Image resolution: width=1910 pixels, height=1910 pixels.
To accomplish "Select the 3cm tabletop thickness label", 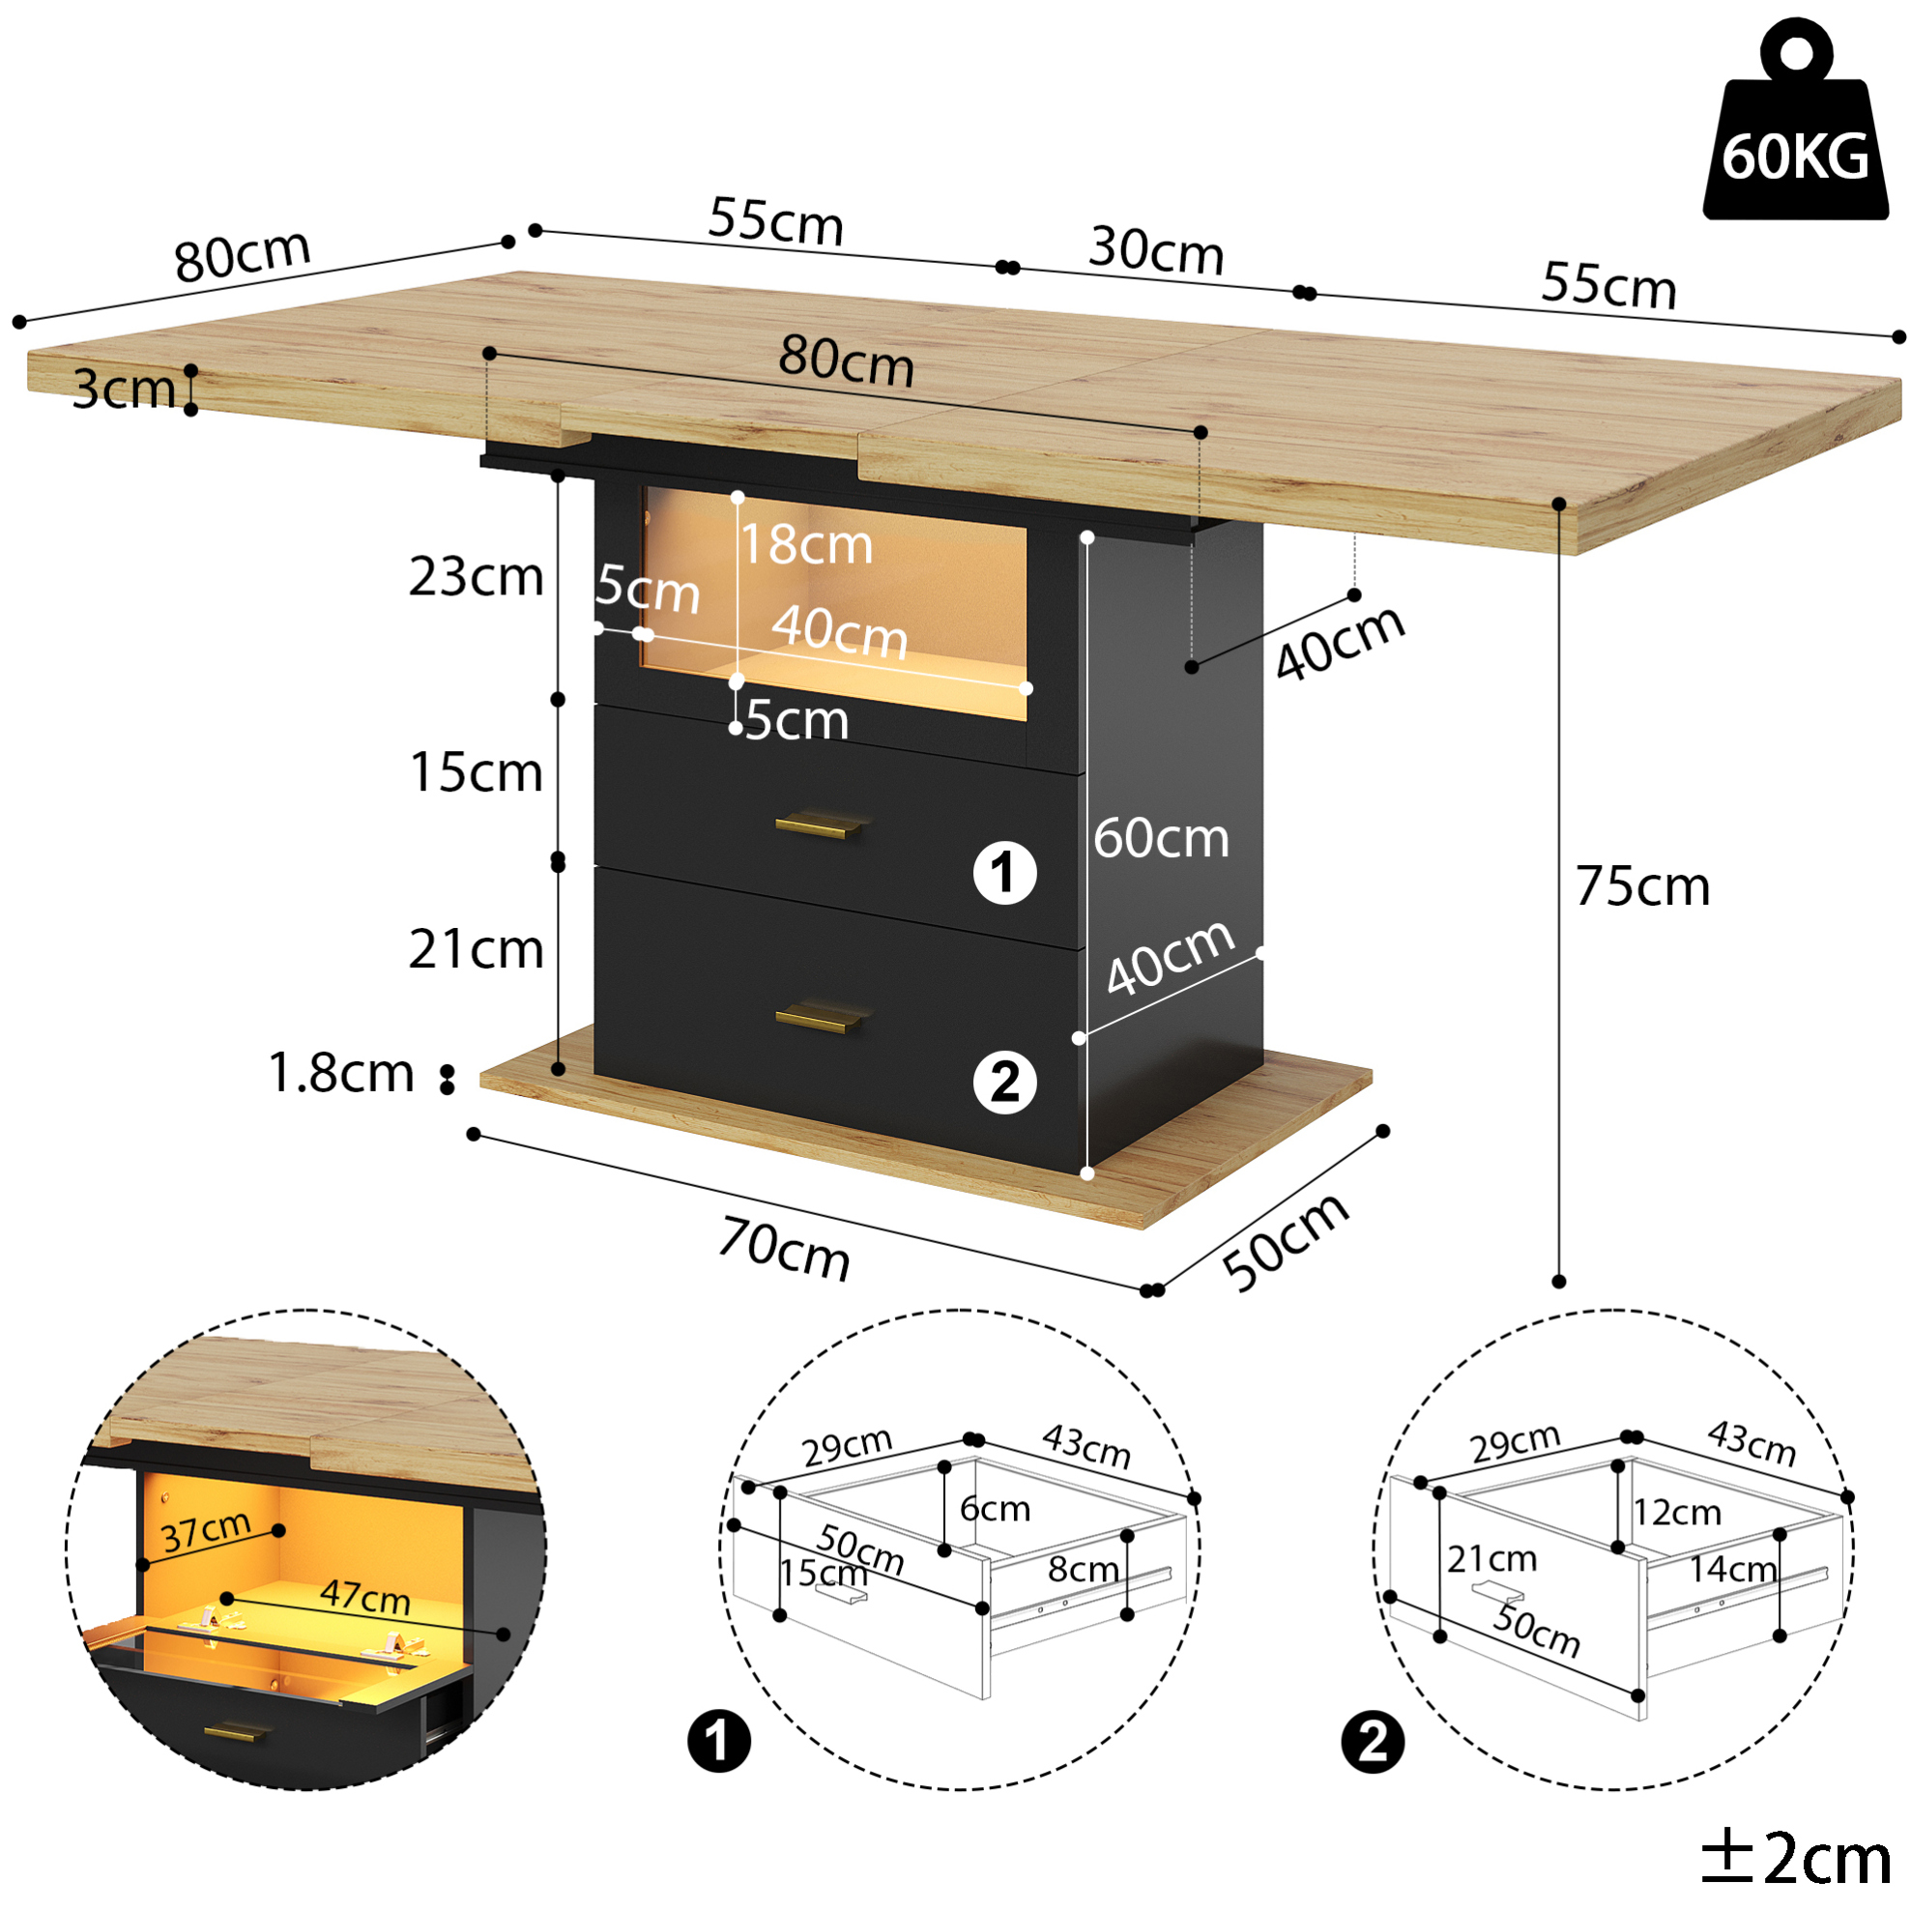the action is [124, 389].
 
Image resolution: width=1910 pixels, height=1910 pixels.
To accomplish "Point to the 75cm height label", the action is [1642, 885].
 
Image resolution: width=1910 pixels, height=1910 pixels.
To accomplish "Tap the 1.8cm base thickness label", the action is [341, 1073].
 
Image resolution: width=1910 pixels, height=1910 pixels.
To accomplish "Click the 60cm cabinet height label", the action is [1161, 838].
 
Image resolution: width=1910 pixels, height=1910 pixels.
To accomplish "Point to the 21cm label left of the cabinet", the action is [477, 949].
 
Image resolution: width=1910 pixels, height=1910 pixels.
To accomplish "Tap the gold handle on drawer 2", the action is [820, 1018].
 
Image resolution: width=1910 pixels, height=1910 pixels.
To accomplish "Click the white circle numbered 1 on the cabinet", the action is [1004, 873].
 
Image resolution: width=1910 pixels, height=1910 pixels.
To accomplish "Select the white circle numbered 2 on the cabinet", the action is [1004, 1083].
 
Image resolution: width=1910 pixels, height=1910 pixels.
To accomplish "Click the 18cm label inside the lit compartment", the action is [808, 545].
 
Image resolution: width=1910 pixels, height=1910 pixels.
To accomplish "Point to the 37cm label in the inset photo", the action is [206, 1531].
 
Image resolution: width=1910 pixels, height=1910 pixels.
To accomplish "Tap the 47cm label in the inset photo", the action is [364, 1597].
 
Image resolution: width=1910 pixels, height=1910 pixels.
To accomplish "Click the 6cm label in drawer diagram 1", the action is [995, 1509].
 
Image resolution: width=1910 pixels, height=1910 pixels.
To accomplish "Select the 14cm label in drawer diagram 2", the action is [1732, 1569].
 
